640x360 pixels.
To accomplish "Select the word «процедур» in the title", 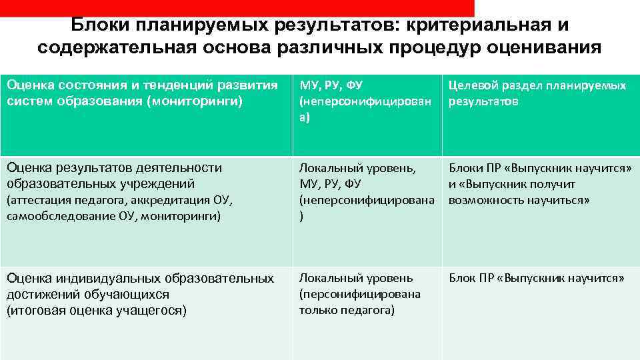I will (x=417, y=48).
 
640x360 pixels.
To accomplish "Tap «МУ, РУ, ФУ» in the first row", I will (x=331, y=85).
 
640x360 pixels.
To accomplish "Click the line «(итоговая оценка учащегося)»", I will (x=97, y=310).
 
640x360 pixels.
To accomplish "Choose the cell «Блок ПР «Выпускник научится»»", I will (x=537, y=279).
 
